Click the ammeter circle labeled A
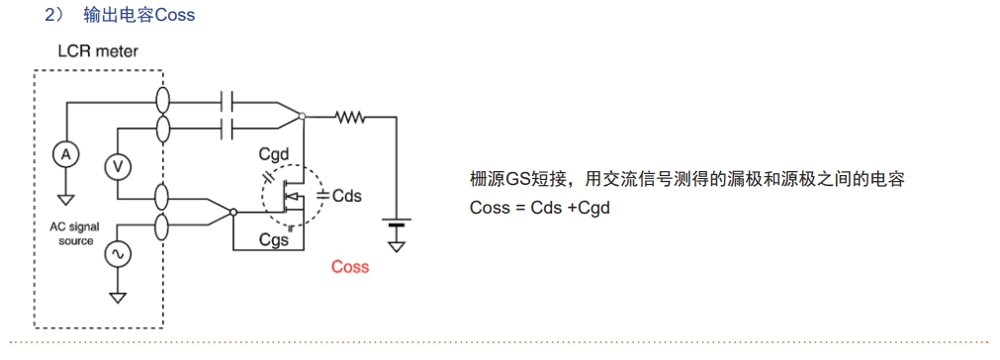point(65,154)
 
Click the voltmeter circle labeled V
point(118,166)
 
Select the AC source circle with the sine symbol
point(118,254)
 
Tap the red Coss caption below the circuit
point(350,267)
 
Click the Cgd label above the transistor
point(274,154)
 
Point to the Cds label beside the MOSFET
point(346,196)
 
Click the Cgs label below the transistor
point(273,239)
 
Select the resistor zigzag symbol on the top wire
point(351,117)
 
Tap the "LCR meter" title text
point(98,51)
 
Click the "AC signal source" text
point(75,233)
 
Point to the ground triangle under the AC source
point(118,296)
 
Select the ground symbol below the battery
point(397,245)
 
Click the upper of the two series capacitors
point(230,101)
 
